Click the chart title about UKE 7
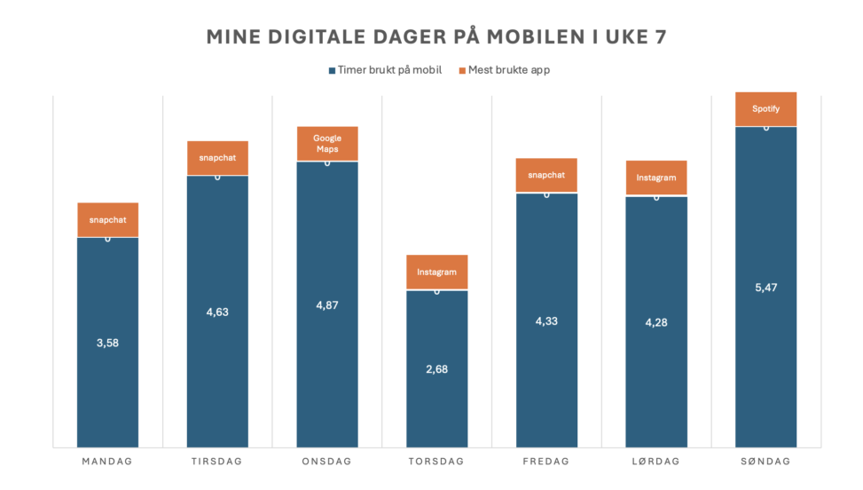pos(436,36)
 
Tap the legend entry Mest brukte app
pos(504,70)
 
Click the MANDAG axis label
pos(107,462)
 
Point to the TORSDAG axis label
pos(436,462)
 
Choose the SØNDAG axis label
pos(765,462)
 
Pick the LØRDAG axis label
pos(656,462)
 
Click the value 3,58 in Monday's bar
pos(107,343)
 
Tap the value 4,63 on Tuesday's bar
pos(217,312)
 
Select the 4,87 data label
pos(326,304)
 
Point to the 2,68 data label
pos(436,369)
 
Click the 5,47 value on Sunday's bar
pos(765,288)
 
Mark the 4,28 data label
pos(656,322)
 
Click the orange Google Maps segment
pos(326,144)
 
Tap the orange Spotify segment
pos(765,109)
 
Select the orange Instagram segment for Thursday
pos(436,273)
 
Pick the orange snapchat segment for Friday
pos(546,175)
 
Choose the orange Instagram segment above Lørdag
pos(656,178)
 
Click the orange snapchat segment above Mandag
pos(107,219)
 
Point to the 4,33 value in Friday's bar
pos(546,320)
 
